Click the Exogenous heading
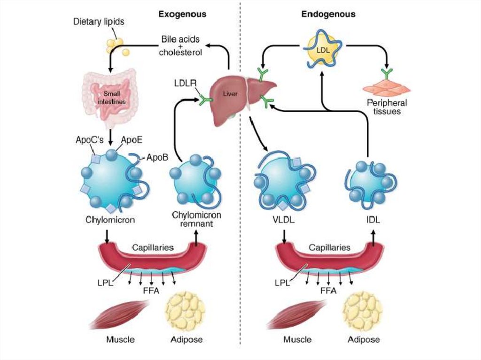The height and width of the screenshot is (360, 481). click(182, 14)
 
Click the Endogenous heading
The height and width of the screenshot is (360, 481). click(328, 14)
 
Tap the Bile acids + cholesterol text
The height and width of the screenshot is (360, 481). click(180, 45)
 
